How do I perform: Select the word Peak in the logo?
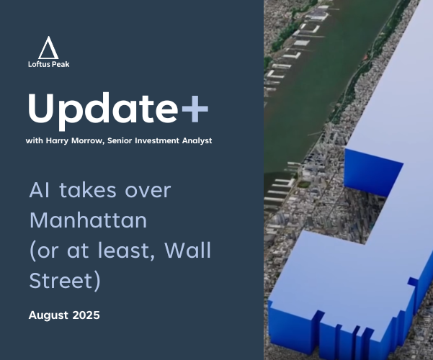coord(61,64)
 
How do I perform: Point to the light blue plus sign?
coord(195,109)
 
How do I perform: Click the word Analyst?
coord(197,141)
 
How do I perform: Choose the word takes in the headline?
coord(88,190)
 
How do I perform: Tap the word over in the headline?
coord(148,191)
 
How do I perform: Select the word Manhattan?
coord(88,220)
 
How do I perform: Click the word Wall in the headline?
coord(188,250)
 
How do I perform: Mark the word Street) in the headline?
coord(65,281)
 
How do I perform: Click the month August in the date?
coord(48,315)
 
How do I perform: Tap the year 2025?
coord(86,315)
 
